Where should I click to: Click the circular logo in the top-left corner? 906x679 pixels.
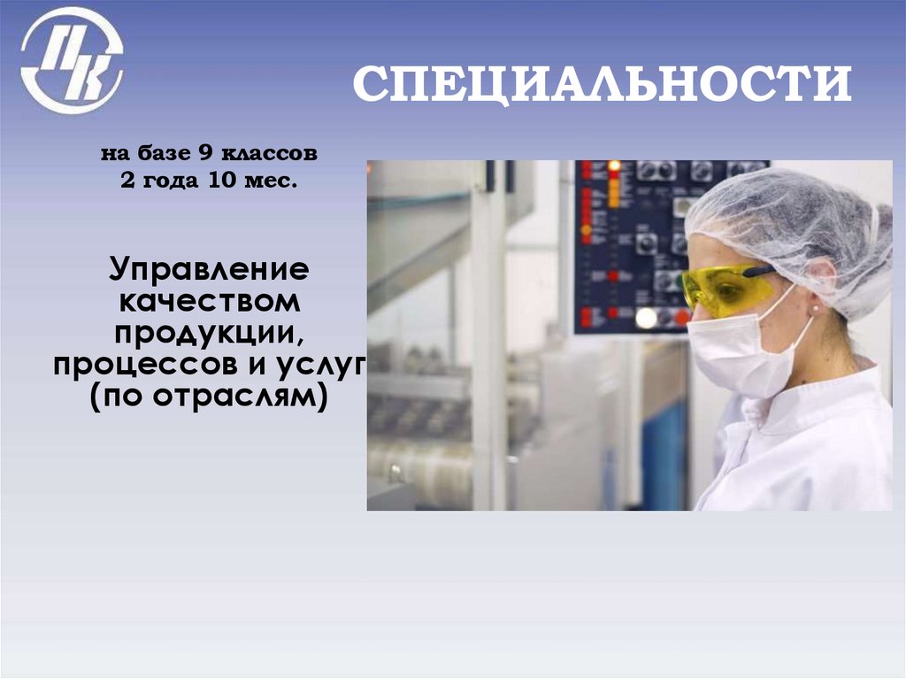click(x=72, y=60)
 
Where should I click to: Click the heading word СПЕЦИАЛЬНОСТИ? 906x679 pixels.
click(x=602, y=85)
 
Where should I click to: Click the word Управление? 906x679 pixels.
click(x=209, y=267)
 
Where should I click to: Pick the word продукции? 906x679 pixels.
click(x=207, y=333)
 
